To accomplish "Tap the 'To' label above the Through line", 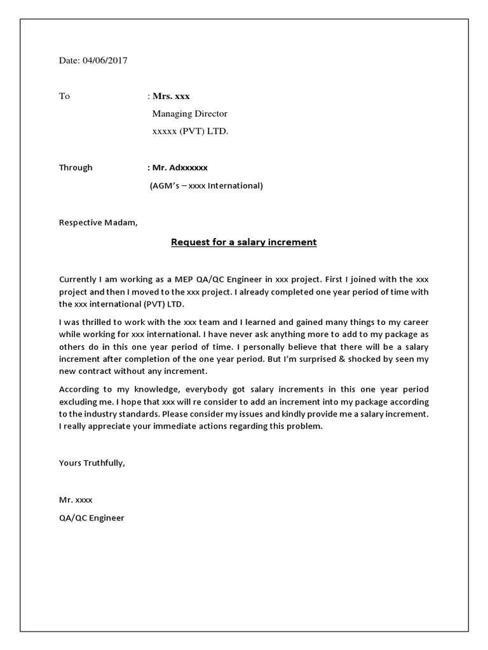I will (x=64, y=96).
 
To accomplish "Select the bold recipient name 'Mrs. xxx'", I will (x=170, y=96).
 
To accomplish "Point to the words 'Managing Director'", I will (x=189, y=114).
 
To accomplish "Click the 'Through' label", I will (x=76, y=168).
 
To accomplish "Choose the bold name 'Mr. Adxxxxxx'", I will (x=179, y=168).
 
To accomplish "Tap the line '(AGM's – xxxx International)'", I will (x=205, y=186).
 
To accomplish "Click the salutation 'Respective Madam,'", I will (x=98, y=222).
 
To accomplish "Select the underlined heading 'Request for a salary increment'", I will (x=244, y=242).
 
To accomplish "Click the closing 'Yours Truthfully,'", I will (x=92, y=463).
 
